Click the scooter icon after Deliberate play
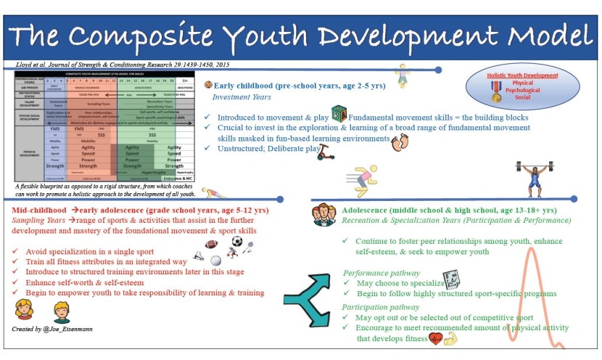(x=327, y=152)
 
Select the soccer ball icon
(x=237, y=241)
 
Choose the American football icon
(x=212, y=245)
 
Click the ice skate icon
(x=199, y=255)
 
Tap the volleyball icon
(x=215, y=260)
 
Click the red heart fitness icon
(x=436, y=338)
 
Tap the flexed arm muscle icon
(x=452, y=338)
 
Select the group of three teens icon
(x=323, y=215)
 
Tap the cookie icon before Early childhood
(x=208, y=85)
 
